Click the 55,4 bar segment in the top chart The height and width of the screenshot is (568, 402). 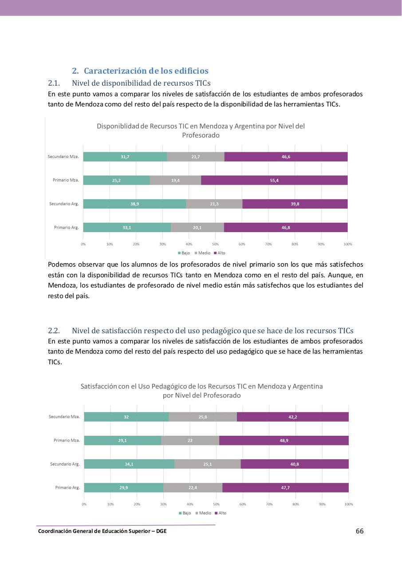274,180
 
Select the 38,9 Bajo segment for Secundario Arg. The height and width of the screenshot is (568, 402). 134,204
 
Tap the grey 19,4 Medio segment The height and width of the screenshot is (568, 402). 175,180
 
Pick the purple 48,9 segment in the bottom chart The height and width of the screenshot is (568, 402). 284,440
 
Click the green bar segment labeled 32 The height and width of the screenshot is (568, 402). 126,417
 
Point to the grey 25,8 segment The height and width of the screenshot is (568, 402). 203,417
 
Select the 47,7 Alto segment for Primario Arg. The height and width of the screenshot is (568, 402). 285,487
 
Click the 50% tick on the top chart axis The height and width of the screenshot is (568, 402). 215,244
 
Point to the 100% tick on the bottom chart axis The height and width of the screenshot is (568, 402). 348,504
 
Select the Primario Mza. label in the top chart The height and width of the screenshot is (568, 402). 66,180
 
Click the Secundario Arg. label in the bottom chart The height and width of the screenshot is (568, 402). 65,464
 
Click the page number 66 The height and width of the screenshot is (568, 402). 359,531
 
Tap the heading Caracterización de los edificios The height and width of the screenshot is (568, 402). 146,71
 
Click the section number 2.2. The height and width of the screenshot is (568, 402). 54,331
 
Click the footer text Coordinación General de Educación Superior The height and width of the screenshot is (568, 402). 102,531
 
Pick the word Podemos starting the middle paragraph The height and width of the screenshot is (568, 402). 62,264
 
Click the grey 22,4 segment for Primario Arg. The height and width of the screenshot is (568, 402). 193,487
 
